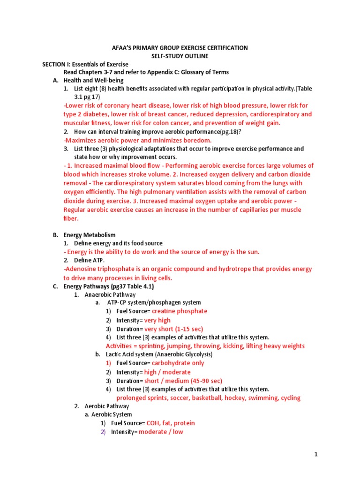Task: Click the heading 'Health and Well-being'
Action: [x=89, y=80]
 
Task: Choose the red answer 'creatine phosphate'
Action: [x=180, y=311]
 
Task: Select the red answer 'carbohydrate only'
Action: [x=178, y=363]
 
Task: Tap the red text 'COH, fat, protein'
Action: [x=171, y=423]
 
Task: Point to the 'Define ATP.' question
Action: [x=90, y=260]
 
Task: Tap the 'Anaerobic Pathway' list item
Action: [x=110, y=294]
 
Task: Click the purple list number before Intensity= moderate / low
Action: [x=104, y=432]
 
